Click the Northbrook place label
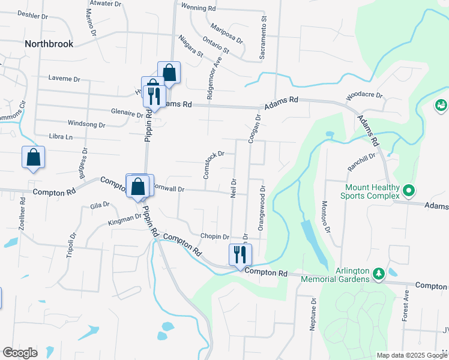(49, 44)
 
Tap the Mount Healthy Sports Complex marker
(409, 192)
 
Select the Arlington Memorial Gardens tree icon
(379, 274)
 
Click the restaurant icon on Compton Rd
(239, 254)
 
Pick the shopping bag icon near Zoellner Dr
(33, 158)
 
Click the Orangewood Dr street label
(262, 209)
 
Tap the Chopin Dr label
(215, 238)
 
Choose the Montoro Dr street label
(327, 217)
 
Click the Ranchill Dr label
(361, 163)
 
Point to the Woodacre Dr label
(364, 96)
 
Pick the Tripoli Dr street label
(70, 244)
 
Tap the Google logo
(20, 353)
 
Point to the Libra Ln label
(61, 137)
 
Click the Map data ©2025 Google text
(411, 355)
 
